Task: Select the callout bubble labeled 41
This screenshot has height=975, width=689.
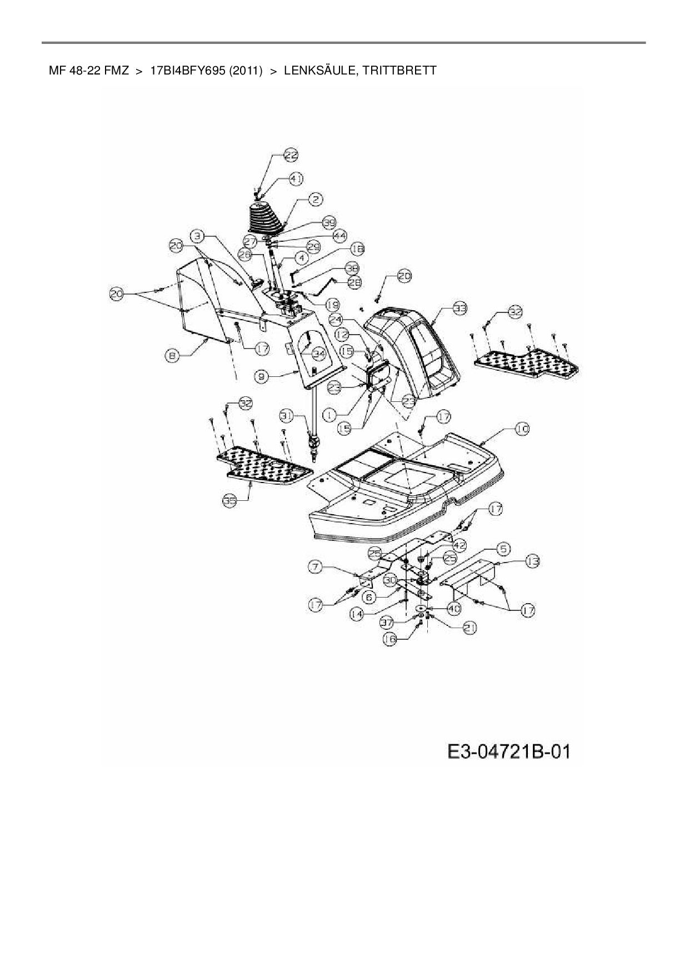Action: (x=296, y=180)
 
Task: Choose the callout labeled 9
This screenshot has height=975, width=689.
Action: (x=262, y=376)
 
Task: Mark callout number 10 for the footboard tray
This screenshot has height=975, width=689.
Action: (x=522, y=429)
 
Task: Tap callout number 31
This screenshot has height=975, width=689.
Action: (x=286, y=415)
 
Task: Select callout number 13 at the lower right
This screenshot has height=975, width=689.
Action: (x=532, y=562)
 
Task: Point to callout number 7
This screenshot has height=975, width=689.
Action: (x=316, y=566)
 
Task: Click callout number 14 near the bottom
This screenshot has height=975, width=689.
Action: (x=357, y=614)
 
